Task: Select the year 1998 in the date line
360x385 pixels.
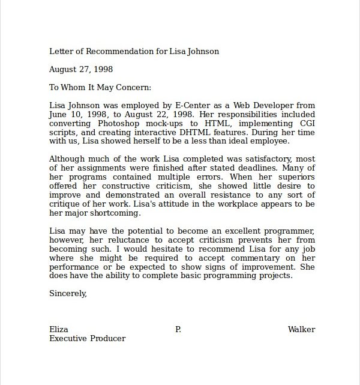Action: point(103,69)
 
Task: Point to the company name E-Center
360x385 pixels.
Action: point(182,105)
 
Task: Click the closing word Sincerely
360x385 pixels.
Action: point(68,294)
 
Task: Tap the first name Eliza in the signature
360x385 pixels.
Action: point(58,329)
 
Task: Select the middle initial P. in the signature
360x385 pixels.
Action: point(178,329)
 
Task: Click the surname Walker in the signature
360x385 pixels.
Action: point(301,329)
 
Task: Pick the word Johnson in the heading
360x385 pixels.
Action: point(203,51)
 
